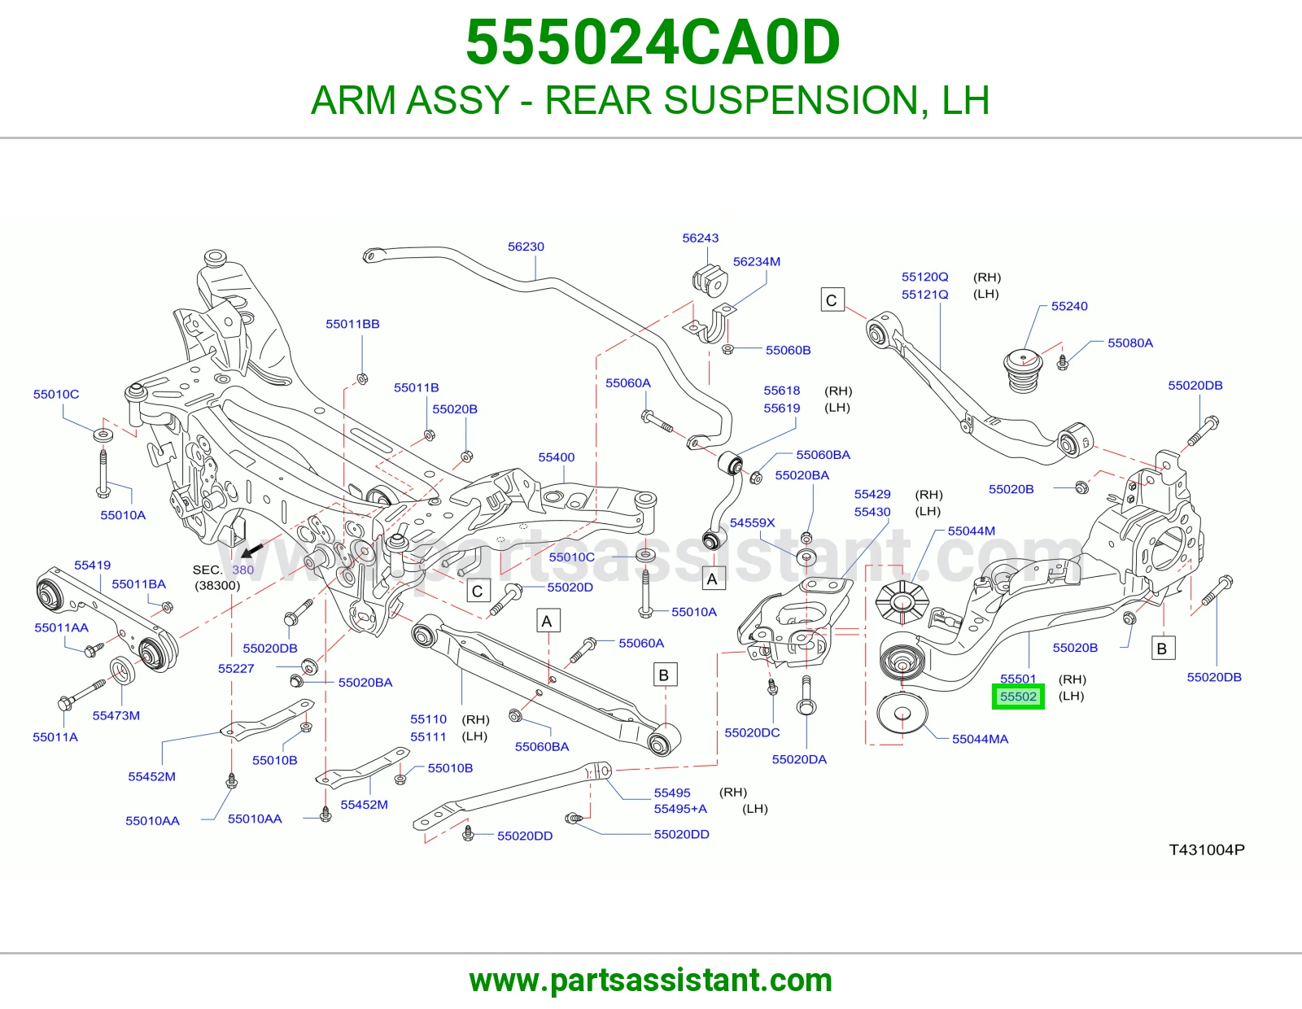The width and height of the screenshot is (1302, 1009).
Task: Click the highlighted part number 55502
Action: [1018, 697]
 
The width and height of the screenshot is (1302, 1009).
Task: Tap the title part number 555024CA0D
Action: [653, 42]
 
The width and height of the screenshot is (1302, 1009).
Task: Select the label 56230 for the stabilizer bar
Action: [526, 247]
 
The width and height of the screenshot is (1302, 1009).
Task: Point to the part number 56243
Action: [701, 238]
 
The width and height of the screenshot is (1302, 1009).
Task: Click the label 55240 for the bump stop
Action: [1069, 306]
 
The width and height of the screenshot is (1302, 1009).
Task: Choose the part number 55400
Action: [556, 457]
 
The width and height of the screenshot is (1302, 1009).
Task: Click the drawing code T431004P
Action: [1207, 850]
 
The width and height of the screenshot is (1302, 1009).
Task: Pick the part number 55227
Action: [236, 668]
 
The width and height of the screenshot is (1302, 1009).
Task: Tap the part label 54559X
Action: [752, 522]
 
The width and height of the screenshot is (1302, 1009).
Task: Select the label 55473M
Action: [116, 715]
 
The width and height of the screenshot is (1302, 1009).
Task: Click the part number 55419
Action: [92, 565]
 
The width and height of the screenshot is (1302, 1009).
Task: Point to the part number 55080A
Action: [1130, 343]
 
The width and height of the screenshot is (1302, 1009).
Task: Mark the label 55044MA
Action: [981, 739]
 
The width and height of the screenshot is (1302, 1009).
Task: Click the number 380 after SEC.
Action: [242, 570]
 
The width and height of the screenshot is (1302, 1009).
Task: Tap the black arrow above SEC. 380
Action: [253, 548]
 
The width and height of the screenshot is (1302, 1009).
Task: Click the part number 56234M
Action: [757, 261]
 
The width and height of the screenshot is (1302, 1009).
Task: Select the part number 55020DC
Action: [752, 732]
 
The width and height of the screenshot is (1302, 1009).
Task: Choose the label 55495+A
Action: [680, 809]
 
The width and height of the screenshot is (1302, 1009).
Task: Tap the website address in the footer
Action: [651, 981]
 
